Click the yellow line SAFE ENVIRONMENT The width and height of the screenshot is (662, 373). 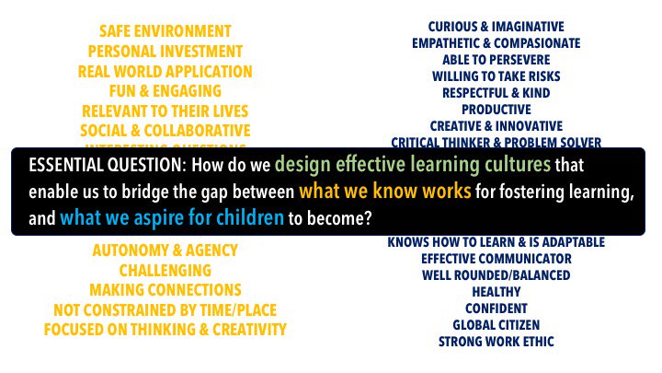point(165,31)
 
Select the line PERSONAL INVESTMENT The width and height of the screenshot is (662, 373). point(165,52)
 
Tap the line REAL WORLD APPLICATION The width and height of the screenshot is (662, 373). point(165,71)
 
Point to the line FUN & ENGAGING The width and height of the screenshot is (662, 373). point(165,91)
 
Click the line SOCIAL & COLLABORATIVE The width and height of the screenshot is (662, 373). point(165,131)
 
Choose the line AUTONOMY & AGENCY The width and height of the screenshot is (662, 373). point(165,251)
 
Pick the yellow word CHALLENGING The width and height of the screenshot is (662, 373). point(165,271)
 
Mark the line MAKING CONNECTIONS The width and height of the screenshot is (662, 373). point(165,290)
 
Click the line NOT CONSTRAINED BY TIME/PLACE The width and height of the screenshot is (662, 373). point(165,310)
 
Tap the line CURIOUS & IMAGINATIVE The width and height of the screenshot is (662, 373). point(496,27)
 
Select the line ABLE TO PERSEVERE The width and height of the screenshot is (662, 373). point(496,60)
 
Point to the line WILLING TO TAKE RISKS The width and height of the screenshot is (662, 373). point(496,76)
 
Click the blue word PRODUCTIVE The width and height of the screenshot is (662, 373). point(496,110)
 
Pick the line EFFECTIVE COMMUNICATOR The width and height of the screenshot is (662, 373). point(496,259)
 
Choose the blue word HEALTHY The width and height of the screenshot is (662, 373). point(496,292)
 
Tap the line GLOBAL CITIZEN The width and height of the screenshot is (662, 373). point(496,325)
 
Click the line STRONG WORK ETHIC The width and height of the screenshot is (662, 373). point(496,342)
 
